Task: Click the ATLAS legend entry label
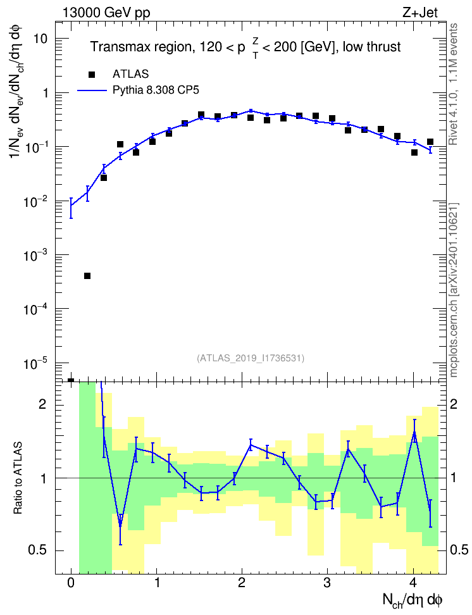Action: click(130, 74)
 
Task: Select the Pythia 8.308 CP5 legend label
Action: click(156, 90)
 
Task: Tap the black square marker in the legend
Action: click(92, 74)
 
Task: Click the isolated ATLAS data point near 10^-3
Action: click(87, 276)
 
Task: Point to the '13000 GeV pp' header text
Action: click(106, 13)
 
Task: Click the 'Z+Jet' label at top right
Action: click(420, 13)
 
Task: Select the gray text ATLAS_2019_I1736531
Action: click(251, 357)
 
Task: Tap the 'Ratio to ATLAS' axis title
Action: click(18, 478)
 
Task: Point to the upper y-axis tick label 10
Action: click(40, 39)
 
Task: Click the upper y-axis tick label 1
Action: click(45, 93)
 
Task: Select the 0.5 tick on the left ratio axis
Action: click(38, 550)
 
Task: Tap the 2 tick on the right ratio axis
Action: click(454, 404)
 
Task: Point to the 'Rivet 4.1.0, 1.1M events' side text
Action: click(453, 84)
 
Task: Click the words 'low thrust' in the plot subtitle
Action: click(371, 47)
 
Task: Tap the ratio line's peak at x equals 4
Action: click(414, 432)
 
